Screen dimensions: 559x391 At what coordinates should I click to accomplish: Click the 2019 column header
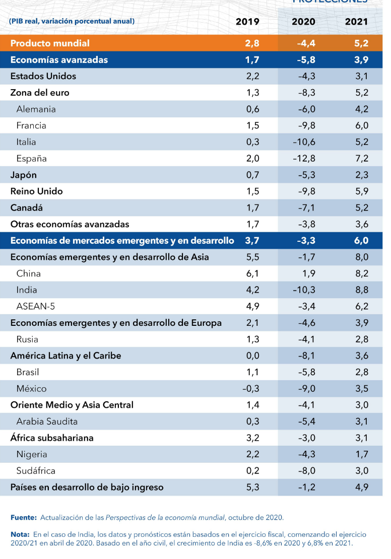[x=247, y=22]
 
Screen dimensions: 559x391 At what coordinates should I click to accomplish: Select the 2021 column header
[x=356, y=22]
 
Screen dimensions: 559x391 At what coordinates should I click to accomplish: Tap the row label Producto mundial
[x=50, y=43]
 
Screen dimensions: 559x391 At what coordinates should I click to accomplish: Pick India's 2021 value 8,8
[x=361, y=290]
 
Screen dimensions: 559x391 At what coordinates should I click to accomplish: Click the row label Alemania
[x=36, y=109]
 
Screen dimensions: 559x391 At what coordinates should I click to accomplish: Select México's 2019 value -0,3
[x=250, y=389]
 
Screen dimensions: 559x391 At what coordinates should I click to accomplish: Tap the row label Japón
[x=24, y=175]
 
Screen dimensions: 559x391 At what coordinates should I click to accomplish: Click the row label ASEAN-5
[x=36, y=306]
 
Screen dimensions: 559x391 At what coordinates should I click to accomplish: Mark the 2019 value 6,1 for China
[x=252, y=273]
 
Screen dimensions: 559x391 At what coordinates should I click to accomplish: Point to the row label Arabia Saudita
[x=47, y=422]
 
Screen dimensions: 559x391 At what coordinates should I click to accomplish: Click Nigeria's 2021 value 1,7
[x=361, y=454]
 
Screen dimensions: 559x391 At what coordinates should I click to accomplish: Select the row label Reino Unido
[x=37, y=191]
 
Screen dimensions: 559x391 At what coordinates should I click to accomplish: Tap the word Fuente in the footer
[x=23, y=517]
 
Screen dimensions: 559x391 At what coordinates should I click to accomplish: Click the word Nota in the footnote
[x=20, y=534]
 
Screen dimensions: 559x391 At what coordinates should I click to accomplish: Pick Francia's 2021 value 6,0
[x=361, y=125]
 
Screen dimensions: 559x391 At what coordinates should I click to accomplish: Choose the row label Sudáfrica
[x=36, y=471]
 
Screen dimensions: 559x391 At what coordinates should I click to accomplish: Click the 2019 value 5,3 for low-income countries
[x=252, y=487]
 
